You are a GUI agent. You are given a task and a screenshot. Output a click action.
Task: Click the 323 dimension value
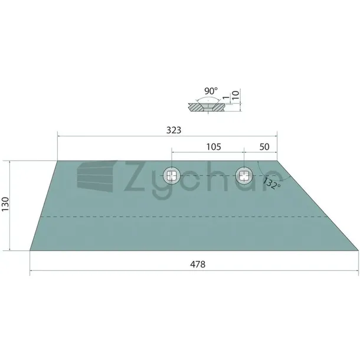[174, 130]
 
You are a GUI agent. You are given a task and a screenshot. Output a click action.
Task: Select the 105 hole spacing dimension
[214, 147]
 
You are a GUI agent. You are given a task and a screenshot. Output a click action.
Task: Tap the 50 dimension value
[264, 147]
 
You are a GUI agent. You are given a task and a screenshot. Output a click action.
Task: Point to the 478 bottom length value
[198, 264]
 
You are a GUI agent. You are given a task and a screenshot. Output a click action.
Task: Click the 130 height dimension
[5, 204]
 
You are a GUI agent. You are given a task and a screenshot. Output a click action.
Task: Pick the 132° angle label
[271, 183]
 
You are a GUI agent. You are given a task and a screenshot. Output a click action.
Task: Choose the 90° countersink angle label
[211, 91]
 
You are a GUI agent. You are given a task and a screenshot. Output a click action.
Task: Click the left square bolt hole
[172, 176]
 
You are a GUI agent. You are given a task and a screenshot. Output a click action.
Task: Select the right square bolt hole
[244, 176]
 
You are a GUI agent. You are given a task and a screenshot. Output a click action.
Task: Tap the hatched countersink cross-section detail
[207, 107]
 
